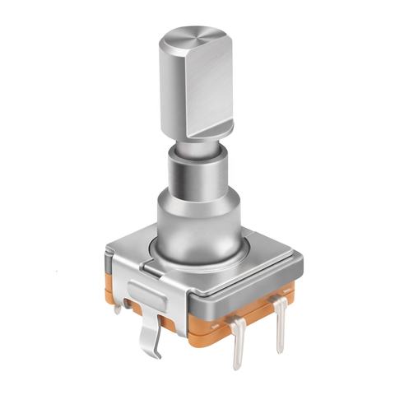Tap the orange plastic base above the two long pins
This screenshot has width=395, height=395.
[247, 313]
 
